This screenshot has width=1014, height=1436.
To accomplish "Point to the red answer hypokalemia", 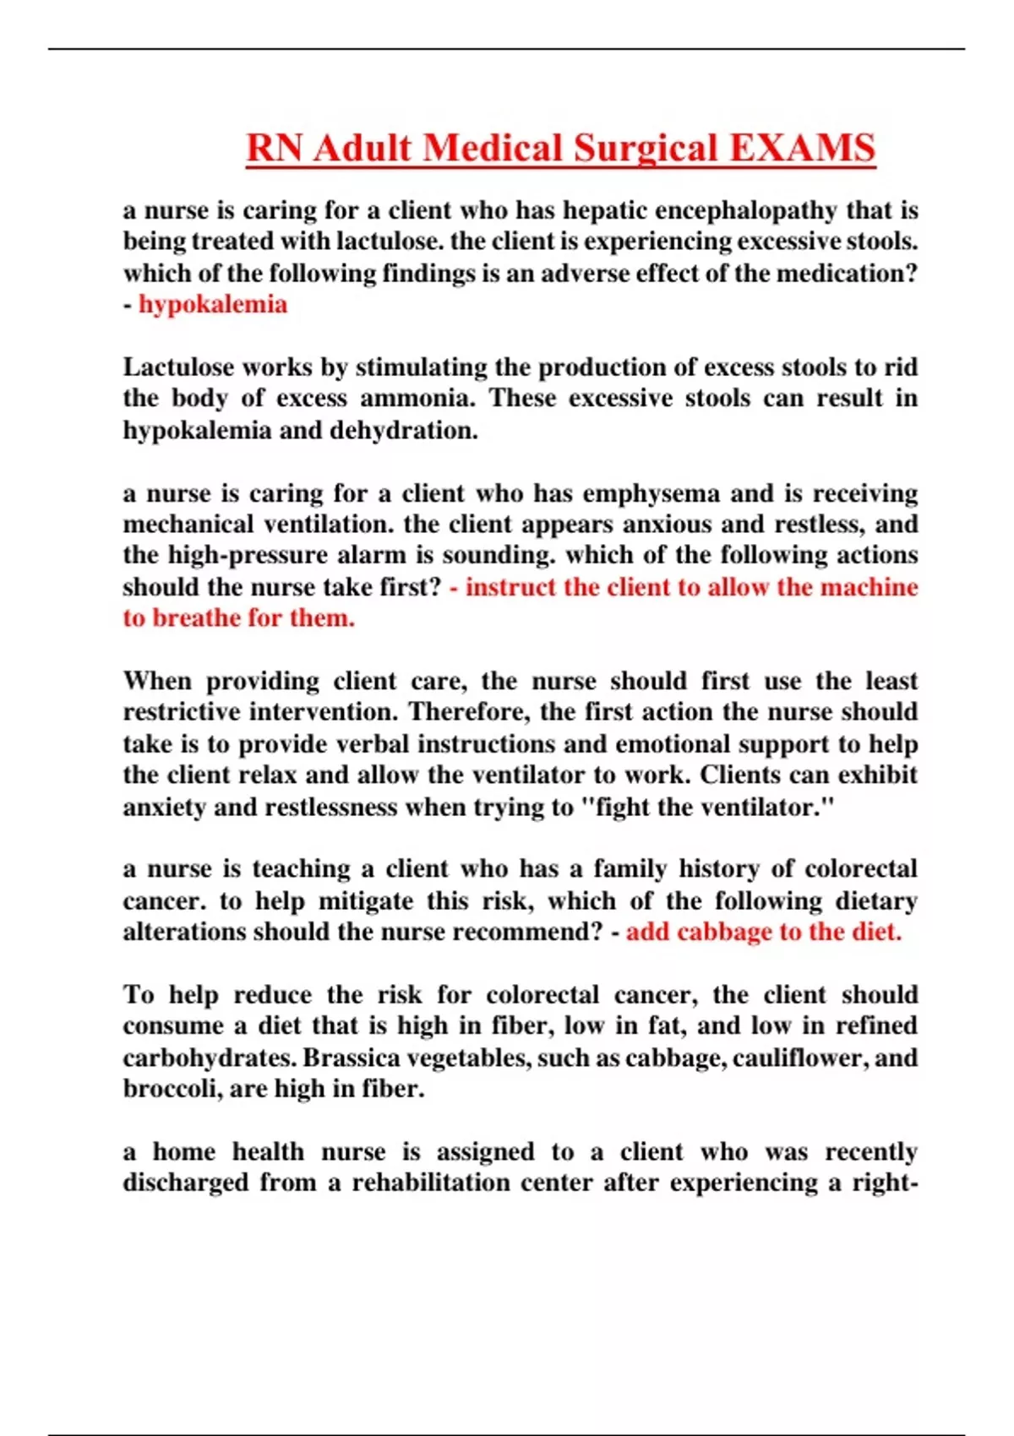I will [213, 304].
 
